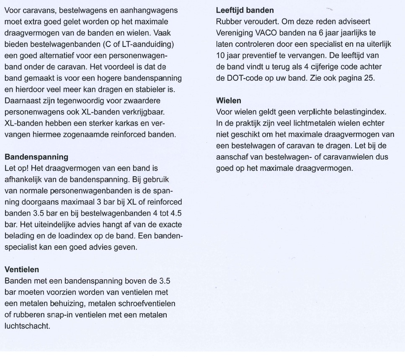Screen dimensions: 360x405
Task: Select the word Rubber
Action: click(227, 20)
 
